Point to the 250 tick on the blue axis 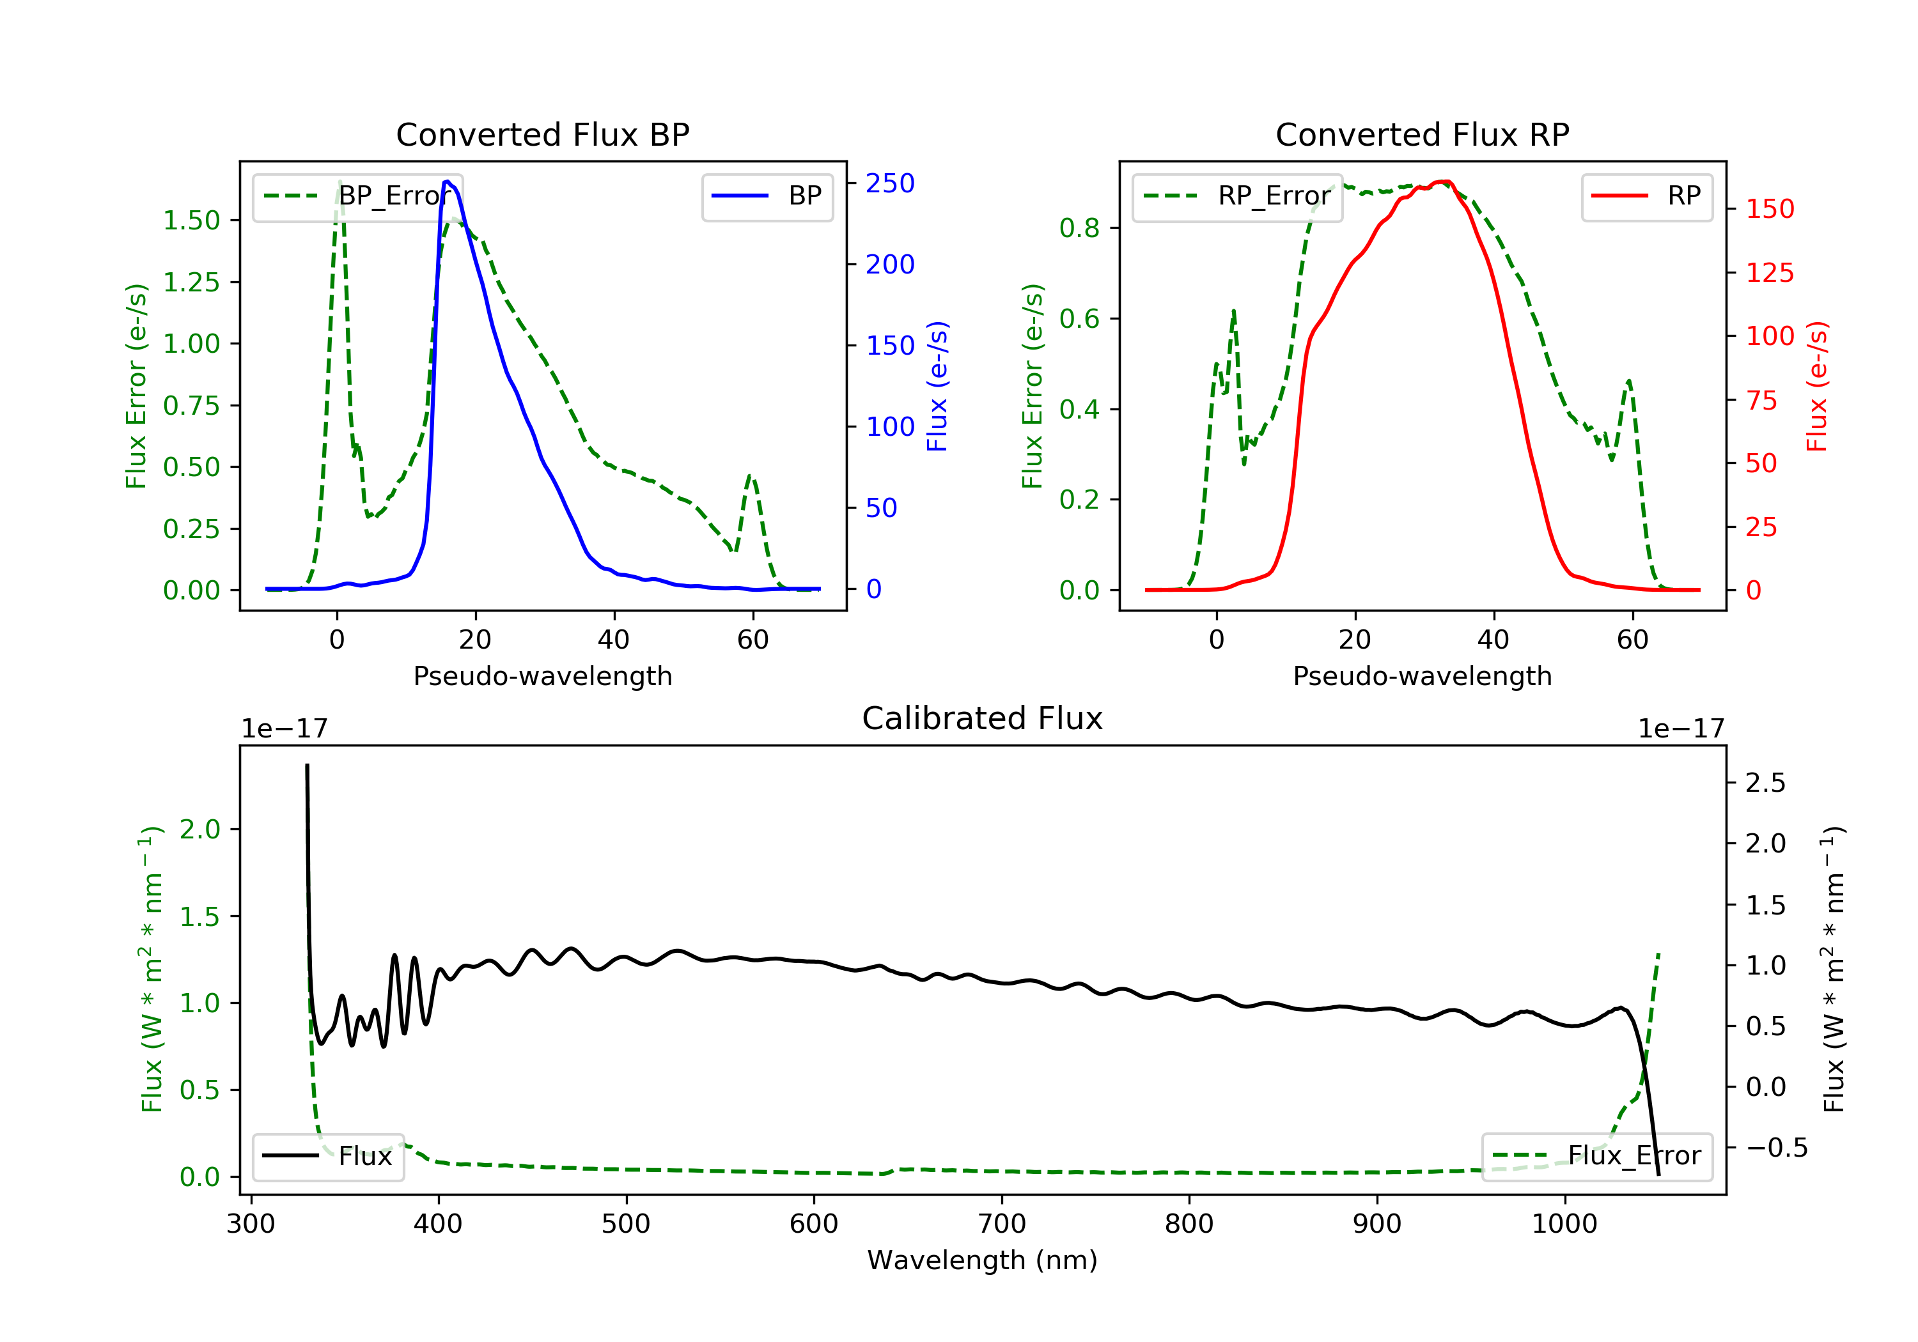[x=890, y=183]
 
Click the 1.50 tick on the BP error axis [x=191, y=220]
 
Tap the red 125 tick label [x=1769, y=273]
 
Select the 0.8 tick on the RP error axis [x=1079, y=228]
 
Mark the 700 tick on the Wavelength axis [x=1002, y=1224]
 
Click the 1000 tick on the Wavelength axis [x=1564, y=1224]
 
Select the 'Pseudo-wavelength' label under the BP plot [x=542, y=676]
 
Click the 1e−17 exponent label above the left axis [x=284, y=729]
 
